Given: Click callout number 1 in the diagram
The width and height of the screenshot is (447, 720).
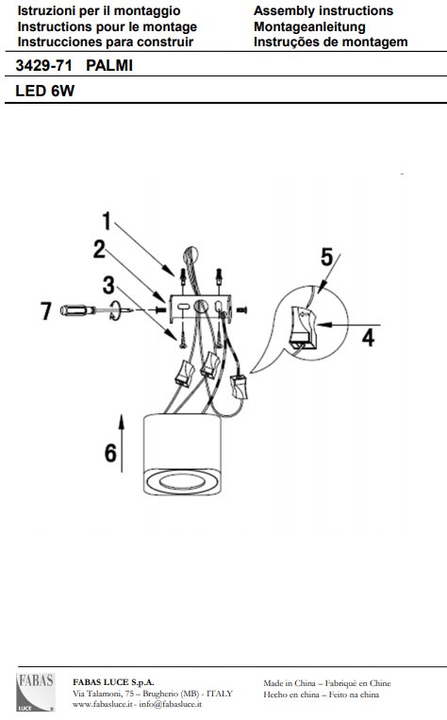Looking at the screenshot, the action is pos(107,221).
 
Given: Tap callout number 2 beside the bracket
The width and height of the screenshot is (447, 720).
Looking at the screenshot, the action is pos(99,249).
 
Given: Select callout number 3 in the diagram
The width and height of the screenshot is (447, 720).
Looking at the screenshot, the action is pos(108,285).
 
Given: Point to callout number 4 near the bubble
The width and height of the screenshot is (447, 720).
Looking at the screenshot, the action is pos(368,338).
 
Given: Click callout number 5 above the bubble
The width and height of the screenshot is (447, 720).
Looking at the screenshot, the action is pos(326,257).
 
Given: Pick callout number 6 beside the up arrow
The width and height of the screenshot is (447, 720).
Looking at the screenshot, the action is pos(110,453).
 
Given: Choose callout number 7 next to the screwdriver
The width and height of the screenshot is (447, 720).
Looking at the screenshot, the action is pos(46,310).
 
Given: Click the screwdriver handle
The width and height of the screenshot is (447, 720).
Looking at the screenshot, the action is pos(78,310).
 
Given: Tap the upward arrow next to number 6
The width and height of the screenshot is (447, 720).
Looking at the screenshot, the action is pos(122,444).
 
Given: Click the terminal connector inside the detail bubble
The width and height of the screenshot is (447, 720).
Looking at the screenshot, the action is pos(303,326).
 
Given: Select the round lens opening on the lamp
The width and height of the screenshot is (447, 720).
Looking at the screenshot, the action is pos(182,481).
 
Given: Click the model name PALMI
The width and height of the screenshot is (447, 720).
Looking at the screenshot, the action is pos(109,66).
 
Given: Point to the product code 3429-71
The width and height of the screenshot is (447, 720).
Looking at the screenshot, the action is pos(44,66).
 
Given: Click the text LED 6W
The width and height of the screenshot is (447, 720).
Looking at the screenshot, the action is pos(45,91).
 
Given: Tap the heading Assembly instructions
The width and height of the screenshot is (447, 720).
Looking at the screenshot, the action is pos(323,10).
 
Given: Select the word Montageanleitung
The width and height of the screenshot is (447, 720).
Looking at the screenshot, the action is pos(309,26).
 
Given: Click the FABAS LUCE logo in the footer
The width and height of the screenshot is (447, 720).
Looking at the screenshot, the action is pos(36,693).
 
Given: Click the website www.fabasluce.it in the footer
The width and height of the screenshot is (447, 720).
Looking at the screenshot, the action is pos(103,703).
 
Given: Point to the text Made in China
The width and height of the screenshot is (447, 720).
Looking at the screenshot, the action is pos(290,683).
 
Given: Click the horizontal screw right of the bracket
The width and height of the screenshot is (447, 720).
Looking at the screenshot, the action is pos(242,310).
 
